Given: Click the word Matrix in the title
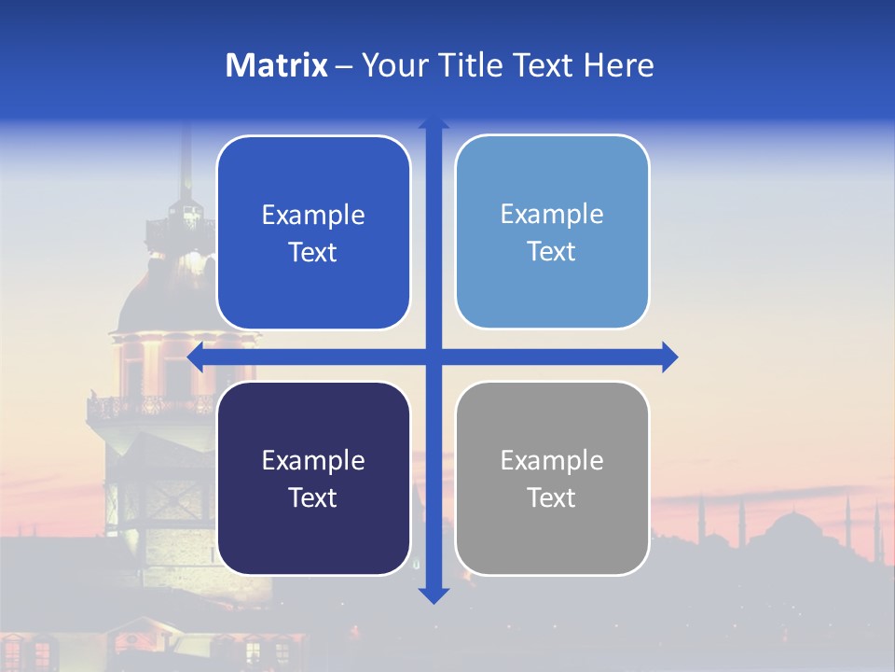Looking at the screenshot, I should point(277,65).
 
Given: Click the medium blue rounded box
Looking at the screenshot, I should point(313,232).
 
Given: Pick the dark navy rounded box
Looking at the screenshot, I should point(313,478).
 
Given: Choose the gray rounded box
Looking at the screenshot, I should point(552,478).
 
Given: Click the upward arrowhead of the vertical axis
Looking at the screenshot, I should point(434,121).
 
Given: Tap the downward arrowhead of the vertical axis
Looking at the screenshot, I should point(434,595).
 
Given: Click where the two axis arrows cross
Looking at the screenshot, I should point(434,357).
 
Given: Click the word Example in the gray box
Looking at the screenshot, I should point(552,460).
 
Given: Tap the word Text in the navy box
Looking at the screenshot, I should point(312,497).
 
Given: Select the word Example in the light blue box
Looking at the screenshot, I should point(552,214).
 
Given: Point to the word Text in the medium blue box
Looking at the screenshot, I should point(312,252).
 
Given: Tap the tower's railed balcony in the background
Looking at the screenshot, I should point(149,407).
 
